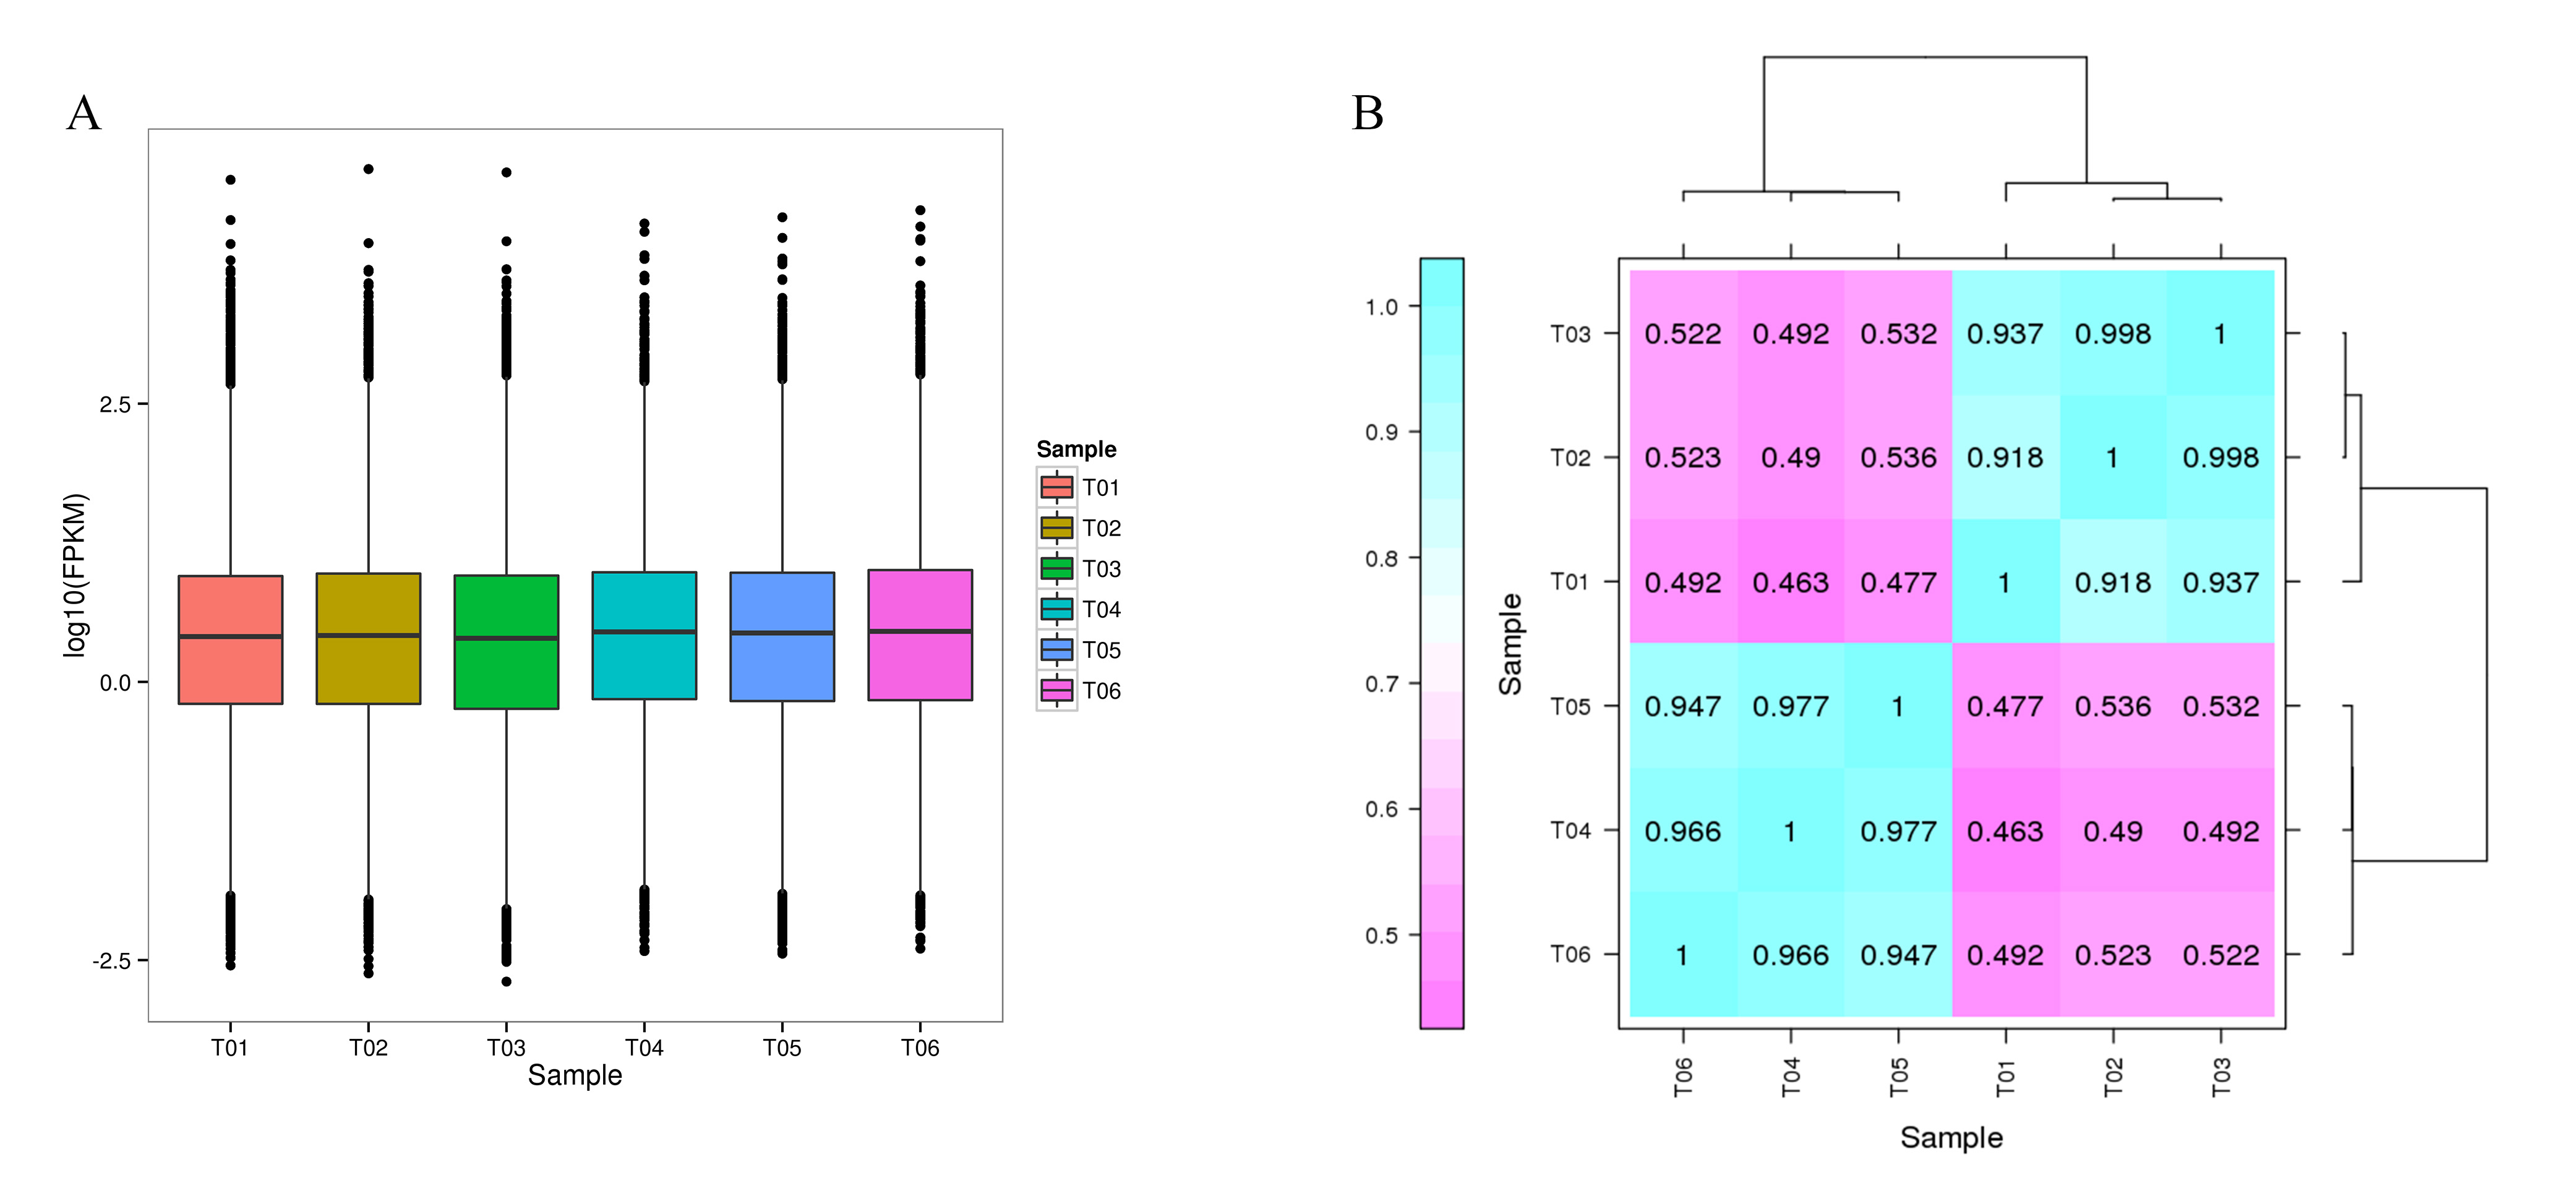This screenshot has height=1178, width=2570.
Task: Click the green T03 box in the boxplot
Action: tap(506, 641)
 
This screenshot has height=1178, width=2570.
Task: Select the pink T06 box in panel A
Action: tap(920, 634)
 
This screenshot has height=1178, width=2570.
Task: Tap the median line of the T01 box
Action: tap(231, 636)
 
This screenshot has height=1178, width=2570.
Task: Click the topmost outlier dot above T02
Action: tap(368, 169)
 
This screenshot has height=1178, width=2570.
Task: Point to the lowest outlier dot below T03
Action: tap(507, 981)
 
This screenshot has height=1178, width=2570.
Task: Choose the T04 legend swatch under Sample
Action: tap(1056, 608)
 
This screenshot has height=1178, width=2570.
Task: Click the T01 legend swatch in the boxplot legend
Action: tap(1056, 487)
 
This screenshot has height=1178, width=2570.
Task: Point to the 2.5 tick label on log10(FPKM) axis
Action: tap(114, 404)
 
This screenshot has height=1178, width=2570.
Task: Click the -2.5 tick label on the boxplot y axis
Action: tap(112, 960)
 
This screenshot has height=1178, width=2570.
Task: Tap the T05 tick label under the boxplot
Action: tap(782, 1048)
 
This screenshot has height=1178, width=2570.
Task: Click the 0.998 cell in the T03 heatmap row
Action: tap(2113, 333)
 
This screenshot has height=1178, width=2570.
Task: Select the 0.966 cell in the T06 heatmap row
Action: tap(1791, 955)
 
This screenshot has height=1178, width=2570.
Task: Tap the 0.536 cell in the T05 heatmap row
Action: tap(2113, 706)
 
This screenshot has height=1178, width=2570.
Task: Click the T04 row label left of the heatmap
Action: tap(1570, 830)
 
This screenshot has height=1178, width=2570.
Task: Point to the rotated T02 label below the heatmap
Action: tap(2113, 1077)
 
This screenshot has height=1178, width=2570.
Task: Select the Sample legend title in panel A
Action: tap(1076, 449)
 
